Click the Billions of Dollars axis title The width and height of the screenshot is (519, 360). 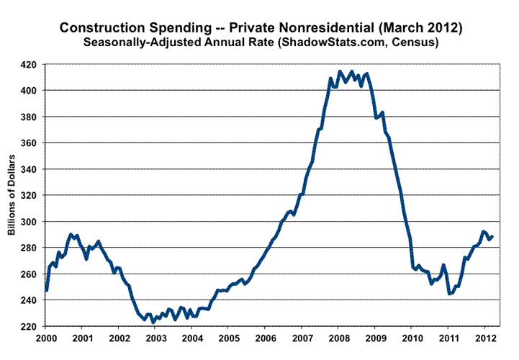coord(12,194)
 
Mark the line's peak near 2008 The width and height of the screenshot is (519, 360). coord(340,71)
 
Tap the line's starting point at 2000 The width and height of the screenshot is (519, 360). coord(45,290)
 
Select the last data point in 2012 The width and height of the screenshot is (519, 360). coord(492,236)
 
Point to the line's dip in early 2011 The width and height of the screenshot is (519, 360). coord(449,293)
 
